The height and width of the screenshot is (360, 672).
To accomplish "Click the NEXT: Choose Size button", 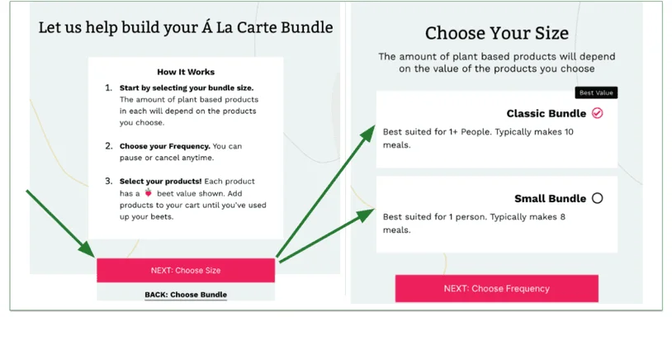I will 185,270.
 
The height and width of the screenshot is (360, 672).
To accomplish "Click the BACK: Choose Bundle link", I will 186,294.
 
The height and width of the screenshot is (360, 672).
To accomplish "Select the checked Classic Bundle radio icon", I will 598,113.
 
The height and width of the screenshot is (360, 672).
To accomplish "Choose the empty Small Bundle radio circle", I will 598,198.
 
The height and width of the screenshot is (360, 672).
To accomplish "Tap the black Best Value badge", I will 595,93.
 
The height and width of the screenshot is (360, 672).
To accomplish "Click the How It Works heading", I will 186,72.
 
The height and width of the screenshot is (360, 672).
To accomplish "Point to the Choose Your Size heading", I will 496,34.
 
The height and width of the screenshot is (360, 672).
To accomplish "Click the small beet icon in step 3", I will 148,193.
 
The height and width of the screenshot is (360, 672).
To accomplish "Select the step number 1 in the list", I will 108,88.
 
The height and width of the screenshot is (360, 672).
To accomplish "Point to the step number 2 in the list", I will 108,146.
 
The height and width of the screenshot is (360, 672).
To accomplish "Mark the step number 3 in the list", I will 108,181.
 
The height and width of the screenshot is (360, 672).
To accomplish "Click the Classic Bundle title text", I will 546,113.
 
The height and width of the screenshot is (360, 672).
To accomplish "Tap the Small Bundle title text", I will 550,198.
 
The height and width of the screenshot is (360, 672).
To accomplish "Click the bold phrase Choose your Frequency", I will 164,146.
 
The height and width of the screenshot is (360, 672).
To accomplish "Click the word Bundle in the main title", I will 302,27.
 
